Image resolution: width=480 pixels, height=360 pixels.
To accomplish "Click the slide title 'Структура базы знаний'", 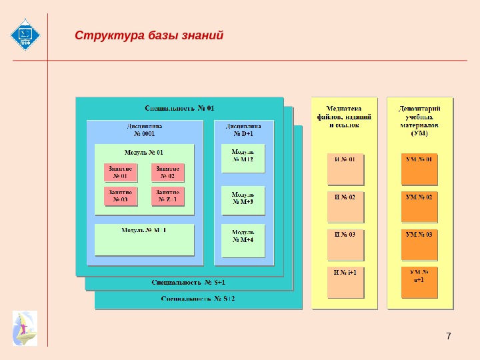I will click(x=149, y=35).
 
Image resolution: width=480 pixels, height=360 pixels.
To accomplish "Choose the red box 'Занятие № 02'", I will click(x=167, y=173).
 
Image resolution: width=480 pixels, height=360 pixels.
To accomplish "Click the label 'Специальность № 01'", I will click(x=180, y=107).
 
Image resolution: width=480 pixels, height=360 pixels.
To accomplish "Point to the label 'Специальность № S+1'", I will click(x=188, y=283).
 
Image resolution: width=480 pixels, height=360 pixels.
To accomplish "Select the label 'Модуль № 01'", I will click(x=144, y=152).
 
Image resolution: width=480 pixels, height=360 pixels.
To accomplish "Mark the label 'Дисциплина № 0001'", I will click(x=144, y=129).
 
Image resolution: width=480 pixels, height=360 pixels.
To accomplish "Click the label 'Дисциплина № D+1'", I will click(x=243, y=129).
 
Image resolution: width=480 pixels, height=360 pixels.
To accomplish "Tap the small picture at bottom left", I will click(x=25, y=327).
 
